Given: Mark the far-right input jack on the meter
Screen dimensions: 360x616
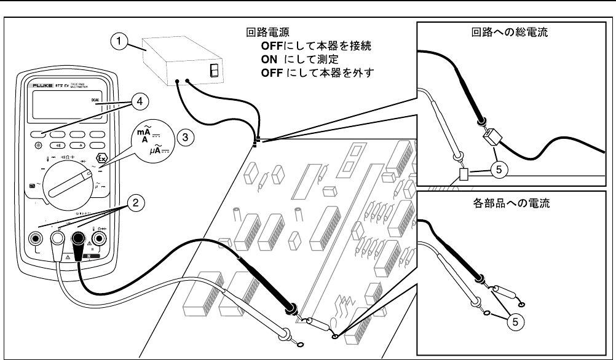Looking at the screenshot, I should [99, 237].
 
